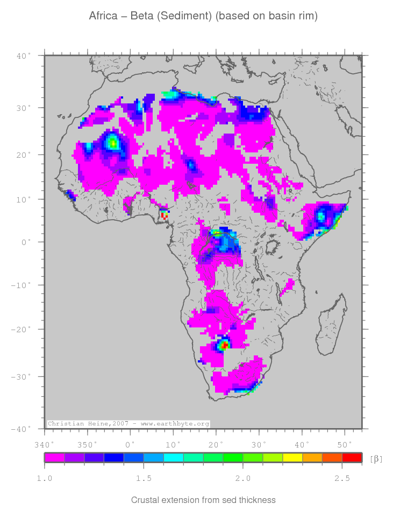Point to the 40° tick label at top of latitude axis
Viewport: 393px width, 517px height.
[23, 55]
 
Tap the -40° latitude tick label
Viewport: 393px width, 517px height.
[22, 429]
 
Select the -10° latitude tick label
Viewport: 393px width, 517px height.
[22, 285]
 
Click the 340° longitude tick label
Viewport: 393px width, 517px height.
[44, 445]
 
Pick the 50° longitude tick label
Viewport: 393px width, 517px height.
[345, 445]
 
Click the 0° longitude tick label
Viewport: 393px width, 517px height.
[130, 445]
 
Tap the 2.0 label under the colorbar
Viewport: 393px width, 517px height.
[242, 478]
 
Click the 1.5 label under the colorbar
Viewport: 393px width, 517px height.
[144, 478]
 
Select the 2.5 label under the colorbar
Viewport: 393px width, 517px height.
[342, 478]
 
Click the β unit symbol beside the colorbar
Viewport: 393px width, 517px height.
[376, 459]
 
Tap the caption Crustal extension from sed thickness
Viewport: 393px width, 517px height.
[203, 500]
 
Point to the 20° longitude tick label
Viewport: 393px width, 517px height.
[216, 445]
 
